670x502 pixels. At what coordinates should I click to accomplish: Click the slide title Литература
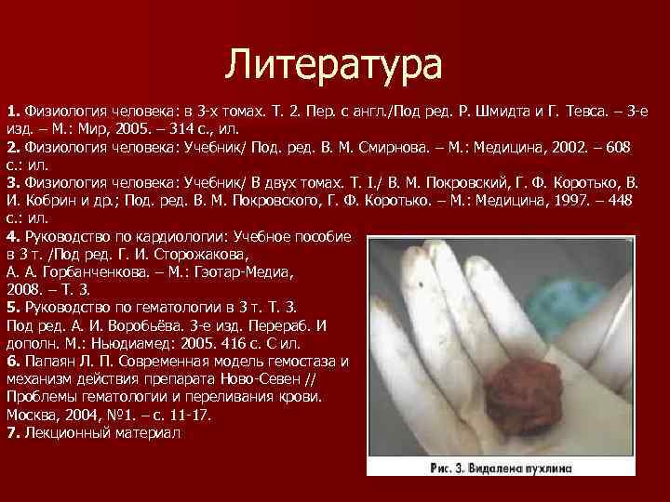click(x=335, y=66)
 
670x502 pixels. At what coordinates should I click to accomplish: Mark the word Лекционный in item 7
click(x=63, y=432)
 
